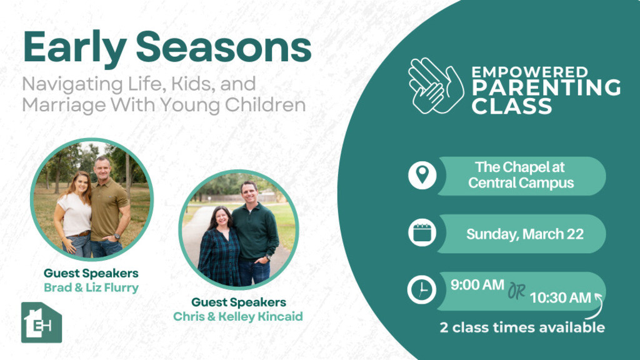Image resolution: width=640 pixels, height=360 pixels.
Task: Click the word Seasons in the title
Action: coord(224,46)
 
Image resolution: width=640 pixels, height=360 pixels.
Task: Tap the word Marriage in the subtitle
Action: coord(64,105)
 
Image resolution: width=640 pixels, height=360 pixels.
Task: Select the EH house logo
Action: coord(42,322)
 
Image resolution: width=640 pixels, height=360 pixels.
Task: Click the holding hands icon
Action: coord(436,86)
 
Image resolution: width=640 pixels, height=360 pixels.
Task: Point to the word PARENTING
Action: coord(546,87)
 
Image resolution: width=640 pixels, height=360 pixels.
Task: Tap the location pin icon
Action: coord(422,175)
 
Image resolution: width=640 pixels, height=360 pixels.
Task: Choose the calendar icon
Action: coord(422,232)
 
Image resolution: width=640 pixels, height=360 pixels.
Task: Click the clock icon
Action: coord(422,290)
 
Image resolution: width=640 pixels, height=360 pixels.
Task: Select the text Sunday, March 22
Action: coord(525,234)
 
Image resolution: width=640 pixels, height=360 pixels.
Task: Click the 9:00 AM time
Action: coord(477,284)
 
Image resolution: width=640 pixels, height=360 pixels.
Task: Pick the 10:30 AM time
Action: coord(561,297)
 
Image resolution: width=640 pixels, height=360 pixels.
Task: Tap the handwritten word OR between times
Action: coord(517,291)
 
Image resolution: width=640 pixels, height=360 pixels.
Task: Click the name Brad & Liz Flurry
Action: coord(91,287)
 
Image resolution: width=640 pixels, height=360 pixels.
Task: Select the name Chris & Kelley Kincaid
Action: coord(238,316)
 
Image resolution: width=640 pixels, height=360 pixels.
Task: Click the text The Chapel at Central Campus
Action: coord(521,175)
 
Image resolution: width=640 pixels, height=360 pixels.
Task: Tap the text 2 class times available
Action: coord(522,327)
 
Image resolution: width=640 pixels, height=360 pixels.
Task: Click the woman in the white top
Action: coord(74,216)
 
